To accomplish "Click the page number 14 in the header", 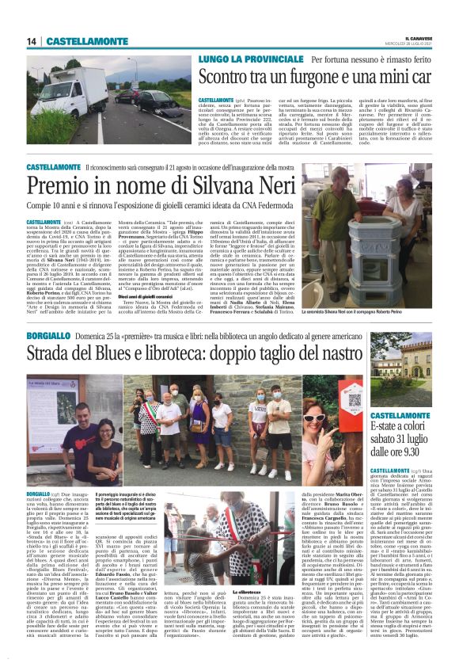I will (x=32, y=41).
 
